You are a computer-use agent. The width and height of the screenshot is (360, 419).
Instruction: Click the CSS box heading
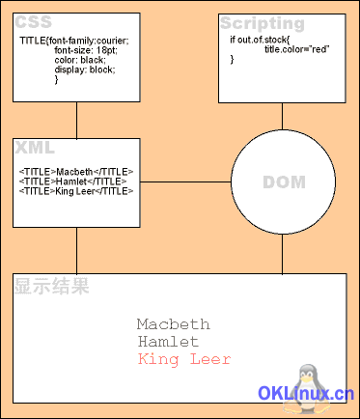(x=33, y=22)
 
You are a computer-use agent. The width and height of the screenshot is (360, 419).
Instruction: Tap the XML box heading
(x=35, y=147)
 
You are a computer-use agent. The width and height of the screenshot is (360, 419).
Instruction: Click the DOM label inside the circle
(x=283, y=182)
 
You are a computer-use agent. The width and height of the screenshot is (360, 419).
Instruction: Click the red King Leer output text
(x=184, y=359)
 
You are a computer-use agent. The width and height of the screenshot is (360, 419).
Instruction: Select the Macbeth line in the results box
(x=173, y=324)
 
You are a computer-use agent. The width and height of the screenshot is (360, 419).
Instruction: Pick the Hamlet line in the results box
(x=168, y=342)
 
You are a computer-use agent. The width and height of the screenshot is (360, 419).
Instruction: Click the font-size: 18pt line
(x=85, y=50)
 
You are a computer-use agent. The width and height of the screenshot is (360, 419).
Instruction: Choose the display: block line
(x=85, y=70)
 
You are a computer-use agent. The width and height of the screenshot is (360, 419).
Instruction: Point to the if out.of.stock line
(x=260, y=39)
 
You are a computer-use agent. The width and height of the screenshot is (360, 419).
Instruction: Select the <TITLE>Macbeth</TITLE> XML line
(x=76, y=172)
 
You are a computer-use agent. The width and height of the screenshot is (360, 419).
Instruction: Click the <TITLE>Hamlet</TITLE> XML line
(x=72, y=182)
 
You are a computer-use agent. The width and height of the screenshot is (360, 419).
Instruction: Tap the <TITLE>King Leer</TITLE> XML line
(x=76, y=191)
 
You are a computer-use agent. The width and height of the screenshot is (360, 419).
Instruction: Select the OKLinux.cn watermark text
(x=307, y=394)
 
